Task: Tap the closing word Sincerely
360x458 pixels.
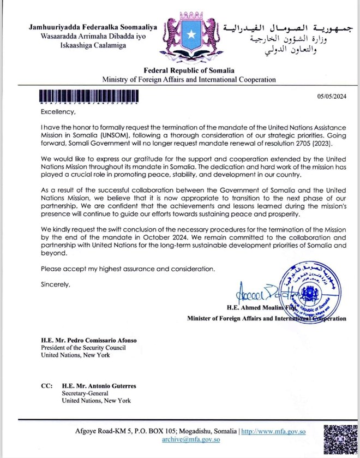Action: click(x=56, y=284)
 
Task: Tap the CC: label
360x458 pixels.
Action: click(x=47, y=385)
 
